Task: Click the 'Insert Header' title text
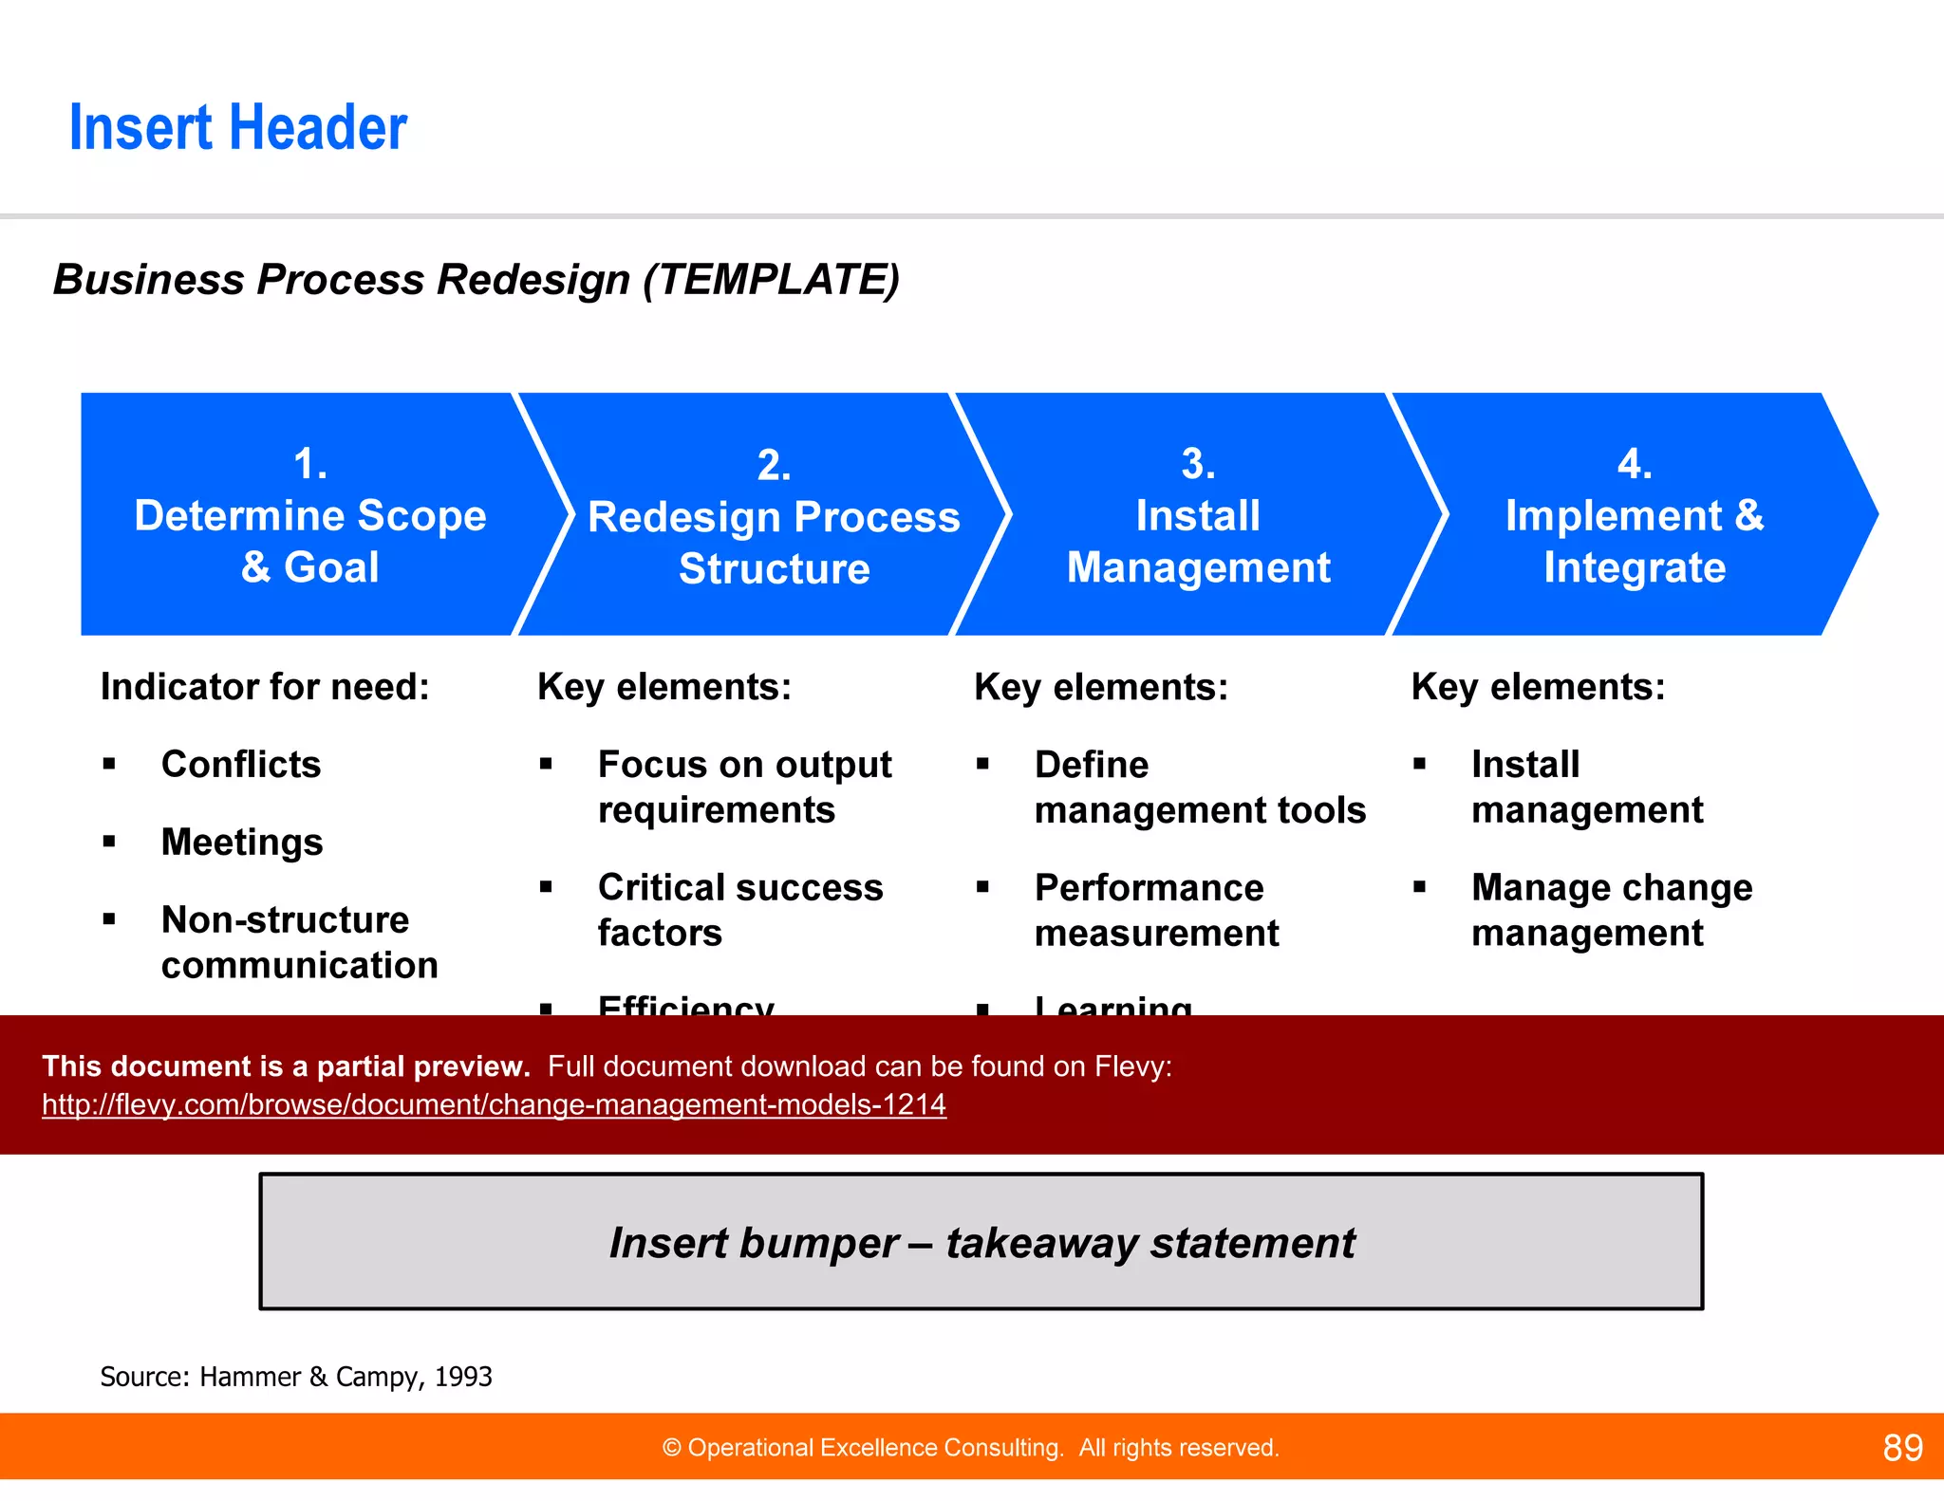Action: coord(238,128)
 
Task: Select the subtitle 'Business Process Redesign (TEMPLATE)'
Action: coord(476,280)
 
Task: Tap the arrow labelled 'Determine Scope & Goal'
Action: coord(310,516)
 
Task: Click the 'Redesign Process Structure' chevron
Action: coord(774,518)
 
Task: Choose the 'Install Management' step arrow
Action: coord(1198,517)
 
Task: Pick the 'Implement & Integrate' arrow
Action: coord(1634,517)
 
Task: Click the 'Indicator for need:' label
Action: coord(265,687)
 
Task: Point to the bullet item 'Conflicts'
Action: coord(241,765)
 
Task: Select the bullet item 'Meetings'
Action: coord(242,843)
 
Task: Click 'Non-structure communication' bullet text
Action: coord(299,942)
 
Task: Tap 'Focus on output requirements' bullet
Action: coord(744,788)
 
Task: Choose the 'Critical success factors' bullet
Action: coord(740,911)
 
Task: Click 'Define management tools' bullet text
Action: coord(1200,788)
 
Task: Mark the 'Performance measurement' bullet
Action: coord(1156,911)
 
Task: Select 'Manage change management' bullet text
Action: coord(1611,911)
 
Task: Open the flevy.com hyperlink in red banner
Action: coord(494,1104)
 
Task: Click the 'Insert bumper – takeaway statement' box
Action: coord(981,1242)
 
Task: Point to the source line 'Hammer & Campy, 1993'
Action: coord(296,1377)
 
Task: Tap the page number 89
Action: coord(1902,1448)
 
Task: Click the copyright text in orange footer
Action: coord(970,1448)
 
